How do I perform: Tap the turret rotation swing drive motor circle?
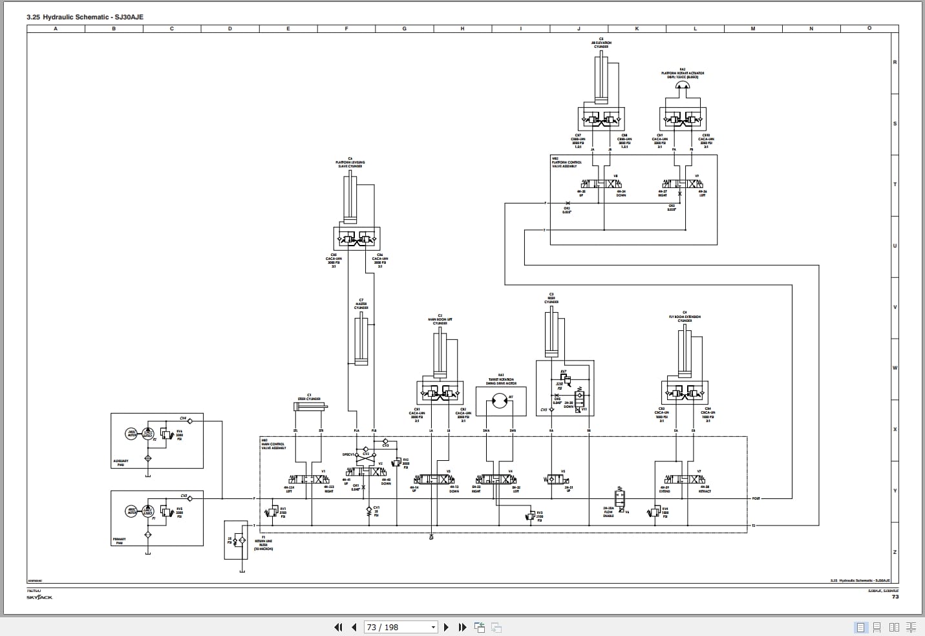click(499, 401)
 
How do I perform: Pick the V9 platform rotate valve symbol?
click(680, 184)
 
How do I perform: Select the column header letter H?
click(463, 28)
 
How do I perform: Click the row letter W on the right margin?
click(895, 368)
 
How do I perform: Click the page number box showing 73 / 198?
click(401, 627)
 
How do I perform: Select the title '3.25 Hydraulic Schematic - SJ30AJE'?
click(85, 17)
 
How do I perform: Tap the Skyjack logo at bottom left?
click(39, 597)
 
